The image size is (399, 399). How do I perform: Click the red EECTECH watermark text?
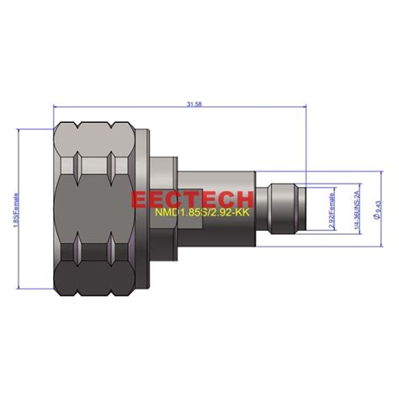coord(192,199)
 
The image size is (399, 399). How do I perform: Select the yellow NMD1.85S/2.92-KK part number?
coord(202,214)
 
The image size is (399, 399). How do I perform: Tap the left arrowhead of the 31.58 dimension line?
coord(57,108)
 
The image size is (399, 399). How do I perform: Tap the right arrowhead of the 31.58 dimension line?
coord(318,108)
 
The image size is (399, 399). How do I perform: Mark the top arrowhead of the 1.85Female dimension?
coord(21,130)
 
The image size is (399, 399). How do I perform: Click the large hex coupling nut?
coord(93,210)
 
